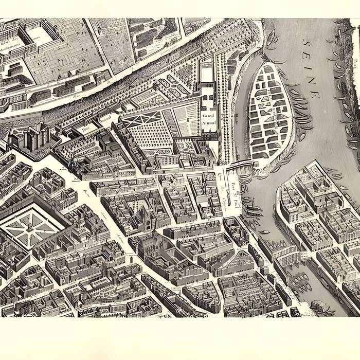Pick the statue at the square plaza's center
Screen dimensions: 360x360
coord(31,224)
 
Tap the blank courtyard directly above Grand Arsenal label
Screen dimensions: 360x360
coord(207,75)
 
